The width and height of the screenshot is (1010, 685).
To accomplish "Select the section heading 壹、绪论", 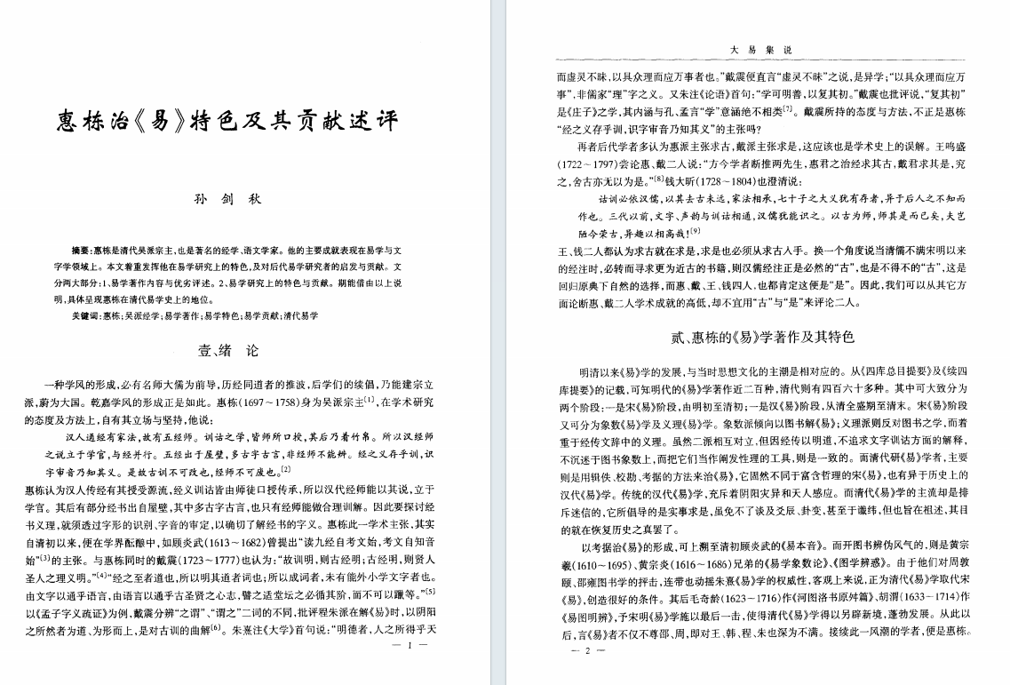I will coord(228,350).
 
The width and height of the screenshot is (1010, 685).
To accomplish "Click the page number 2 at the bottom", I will coord(586,651).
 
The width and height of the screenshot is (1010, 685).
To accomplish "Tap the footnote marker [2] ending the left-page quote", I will coord(285,468).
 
